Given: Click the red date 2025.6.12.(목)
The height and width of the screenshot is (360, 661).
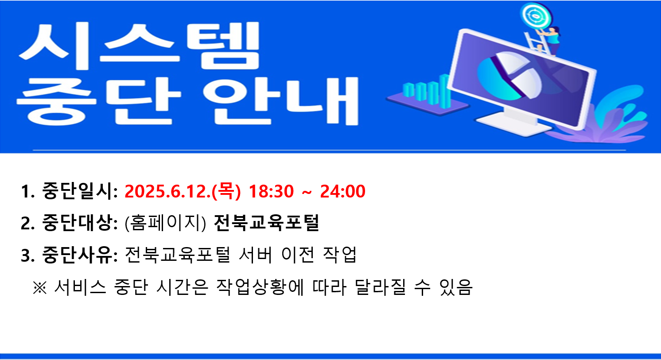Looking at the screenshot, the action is [183, 191].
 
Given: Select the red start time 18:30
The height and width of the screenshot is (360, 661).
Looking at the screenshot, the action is [271, 191].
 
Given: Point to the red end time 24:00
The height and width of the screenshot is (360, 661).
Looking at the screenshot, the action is [342, 191].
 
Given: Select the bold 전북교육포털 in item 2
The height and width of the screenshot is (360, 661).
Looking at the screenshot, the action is [266, 223].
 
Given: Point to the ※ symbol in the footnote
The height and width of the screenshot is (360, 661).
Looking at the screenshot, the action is [39, 287].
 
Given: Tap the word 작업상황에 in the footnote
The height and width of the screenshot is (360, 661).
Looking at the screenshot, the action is [260, 287].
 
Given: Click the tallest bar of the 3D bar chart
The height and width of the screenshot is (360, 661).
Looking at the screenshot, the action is [444, 91].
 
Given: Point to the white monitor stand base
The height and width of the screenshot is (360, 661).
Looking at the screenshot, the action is [513, 124].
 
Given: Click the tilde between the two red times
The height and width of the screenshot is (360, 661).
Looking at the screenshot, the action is [307, 193].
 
